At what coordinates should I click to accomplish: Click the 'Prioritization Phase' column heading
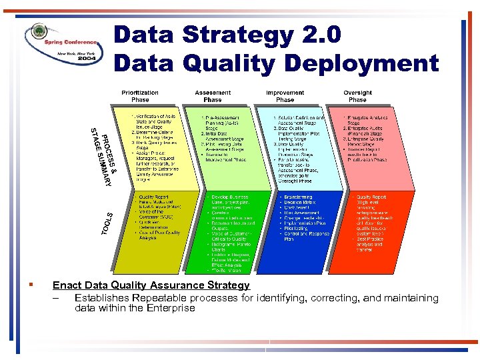point(140,96)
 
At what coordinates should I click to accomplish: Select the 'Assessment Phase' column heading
point(213,96)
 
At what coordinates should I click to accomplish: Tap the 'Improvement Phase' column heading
point(285,96)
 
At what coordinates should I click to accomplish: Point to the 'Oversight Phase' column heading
point(357,96)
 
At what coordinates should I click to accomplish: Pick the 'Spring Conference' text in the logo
point(67,41)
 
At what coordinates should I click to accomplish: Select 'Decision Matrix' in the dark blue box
point(301,203)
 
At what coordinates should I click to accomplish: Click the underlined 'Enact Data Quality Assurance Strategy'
point(151,285)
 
